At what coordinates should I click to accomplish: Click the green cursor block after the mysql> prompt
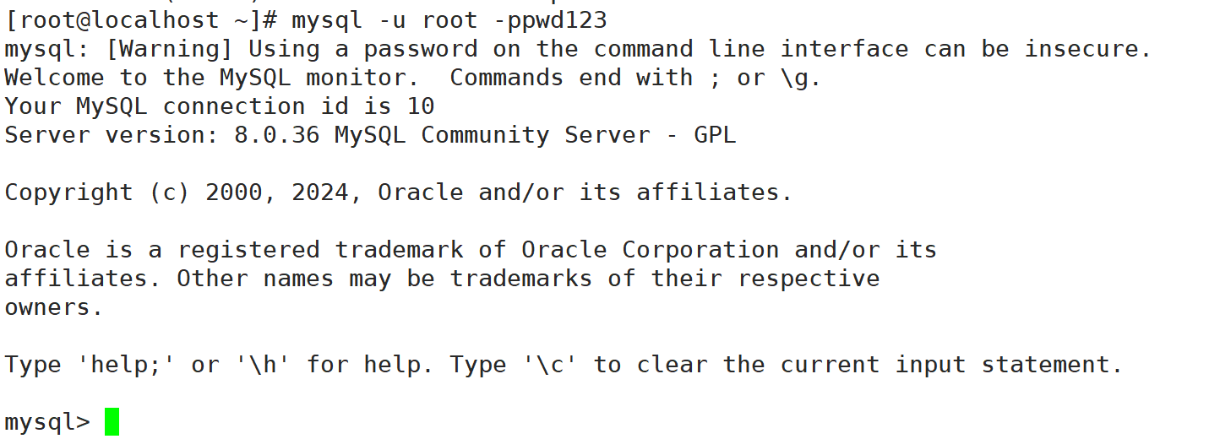pos(112,421)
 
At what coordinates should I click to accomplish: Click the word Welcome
pos(55,78)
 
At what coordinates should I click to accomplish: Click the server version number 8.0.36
pos(276,135)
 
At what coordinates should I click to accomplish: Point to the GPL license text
pos(715,135)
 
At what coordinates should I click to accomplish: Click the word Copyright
pos(69,192)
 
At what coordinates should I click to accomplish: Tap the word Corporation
pos(700,250)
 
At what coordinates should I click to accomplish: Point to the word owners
pos(52,307)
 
